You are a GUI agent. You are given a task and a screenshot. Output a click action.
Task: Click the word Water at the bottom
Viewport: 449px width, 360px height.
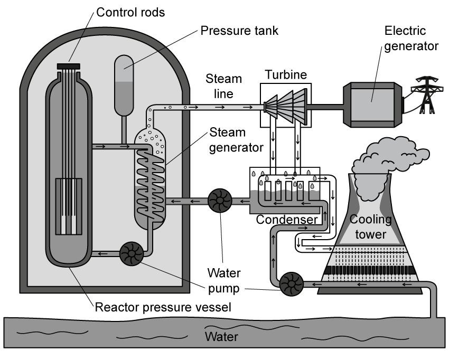221,337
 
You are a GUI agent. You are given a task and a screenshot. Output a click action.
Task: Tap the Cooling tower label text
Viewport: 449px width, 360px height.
371,225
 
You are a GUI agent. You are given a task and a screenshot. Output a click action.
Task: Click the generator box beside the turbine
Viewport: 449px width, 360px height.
369,105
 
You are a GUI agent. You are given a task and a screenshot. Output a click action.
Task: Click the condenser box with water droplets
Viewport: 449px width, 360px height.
285,190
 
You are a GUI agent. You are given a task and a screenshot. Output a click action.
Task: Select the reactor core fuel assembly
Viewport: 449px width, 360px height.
69,206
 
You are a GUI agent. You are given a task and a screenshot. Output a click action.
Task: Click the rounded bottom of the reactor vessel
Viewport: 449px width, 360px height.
69,259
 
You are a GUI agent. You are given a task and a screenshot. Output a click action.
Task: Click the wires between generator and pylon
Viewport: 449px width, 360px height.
406,103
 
